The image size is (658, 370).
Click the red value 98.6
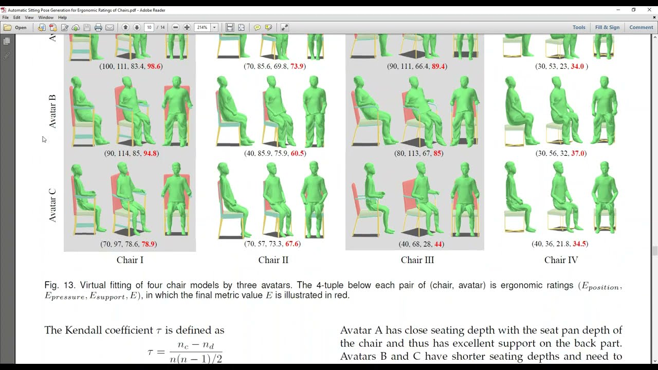(x=154, y=66)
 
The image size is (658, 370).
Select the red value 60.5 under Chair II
(x=298, y=153)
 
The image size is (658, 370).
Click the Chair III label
(x=417, y=260)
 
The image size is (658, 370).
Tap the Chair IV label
(x=561, y=260)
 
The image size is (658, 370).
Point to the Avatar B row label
(x=52, y=111)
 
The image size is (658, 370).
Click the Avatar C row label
(x=52, y=206)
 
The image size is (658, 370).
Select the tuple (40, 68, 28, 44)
(x=417, y=244)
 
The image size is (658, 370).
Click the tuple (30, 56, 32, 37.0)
(x=561, y=153)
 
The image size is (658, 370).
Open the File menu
(x=5, y=17)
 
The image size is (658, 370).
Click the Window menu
(x=46, y=17)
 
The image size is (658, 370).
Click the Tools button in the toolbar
(x=579, y=27)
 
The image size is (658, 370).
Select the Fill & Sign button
(x=607, y=27)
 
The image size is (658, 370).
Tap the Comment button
(x=641, y=27)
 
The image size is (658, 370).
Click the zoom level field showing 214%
(x=203, y=27)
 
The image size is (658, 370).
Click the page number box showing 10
(x=149, y=27)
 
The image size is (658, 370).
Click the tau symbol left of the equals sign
(x=150, y=352)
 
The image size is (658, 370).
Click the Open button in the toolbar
(x=16, y=27)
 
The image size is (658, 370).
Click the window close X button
(x=648, y=10)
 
